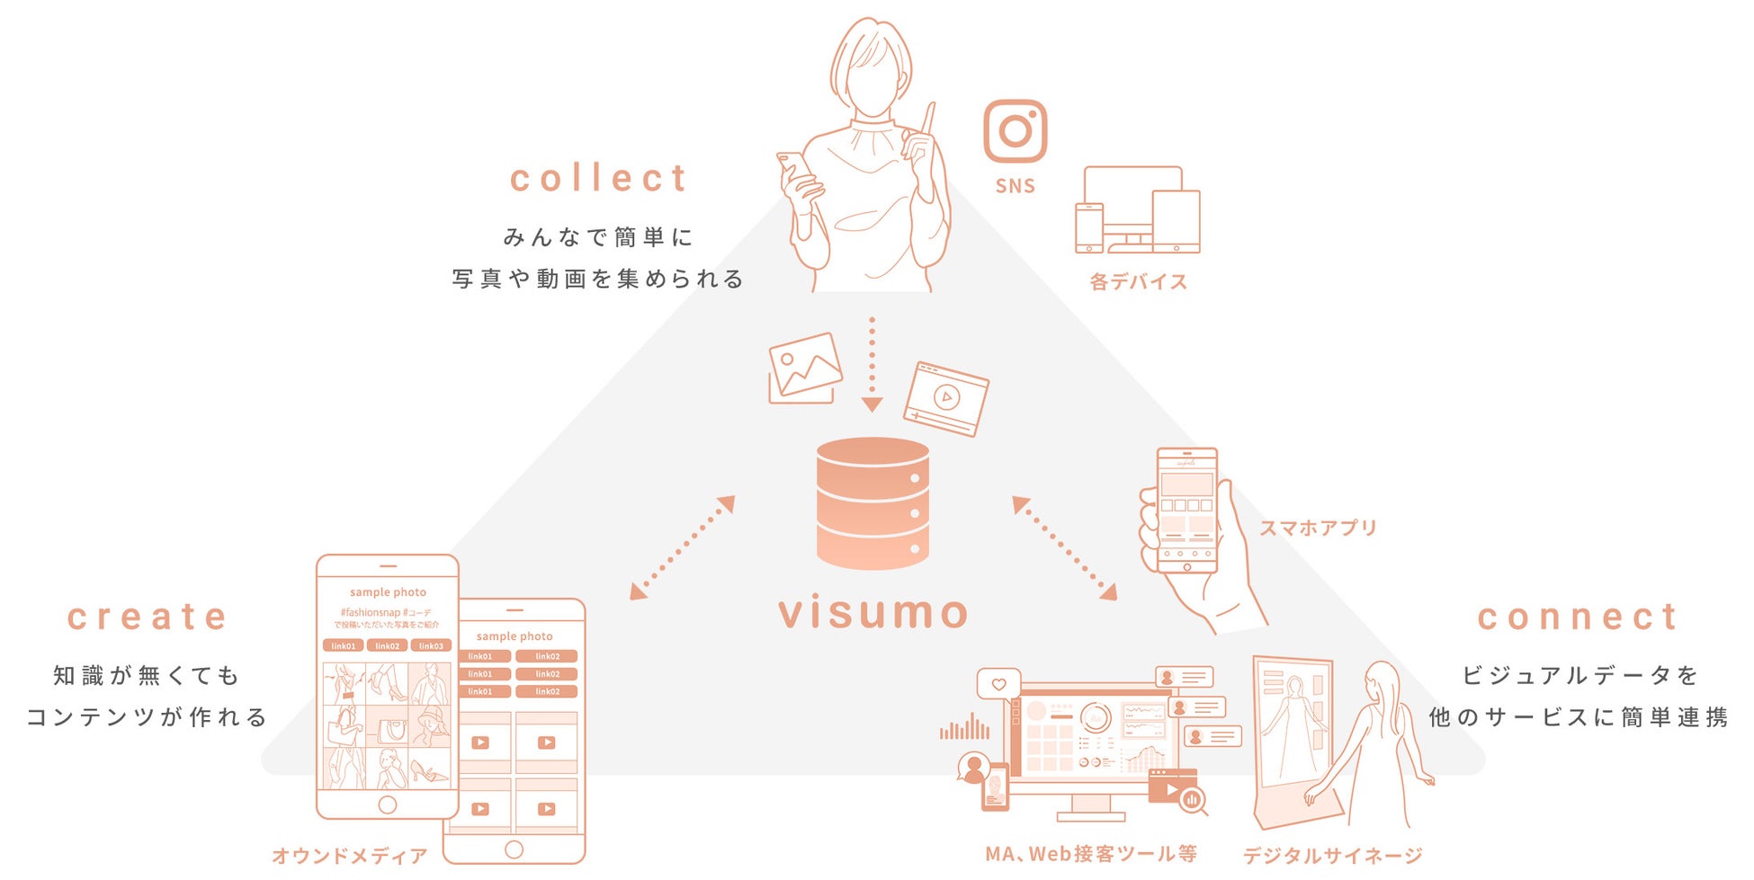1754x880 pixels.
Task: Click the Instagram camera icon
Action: [1015, 131]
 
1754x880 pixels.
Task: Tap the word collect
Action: [598, 178]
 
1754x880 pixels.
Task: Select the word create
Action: [148, 617]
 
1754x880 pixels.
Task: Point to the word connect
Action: [1578, 617]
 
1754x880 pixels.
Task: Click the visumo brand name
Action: [873, 613]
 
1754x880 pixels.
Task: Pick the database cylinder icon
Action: [873, 503]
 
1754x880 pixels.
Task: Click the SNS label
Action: [1015, 186]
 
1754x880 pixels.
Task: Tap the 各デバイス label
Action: [1138, 281]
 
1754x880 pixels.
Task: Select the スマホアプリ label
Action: [1318, 528]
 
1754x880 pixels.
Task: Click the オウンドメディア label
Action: [350, 856]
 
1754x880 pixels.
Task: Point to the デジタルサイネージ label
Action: [1332, 856]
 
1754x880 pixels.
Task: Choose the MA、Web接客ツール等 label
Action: [1090, 854]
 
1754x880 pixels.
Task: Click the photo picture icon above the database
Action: [805, 368]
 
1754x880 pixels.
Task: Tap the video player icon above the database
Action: [945, 398]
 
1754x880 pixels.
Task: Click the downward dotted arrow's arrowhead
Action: [872, 404]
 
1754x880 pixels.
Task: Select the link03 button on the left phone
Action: [431, 645]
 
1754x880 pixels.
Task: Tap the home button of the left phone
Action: [388, 804]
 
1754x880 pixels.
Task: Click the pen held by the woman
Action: [927, 126]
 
